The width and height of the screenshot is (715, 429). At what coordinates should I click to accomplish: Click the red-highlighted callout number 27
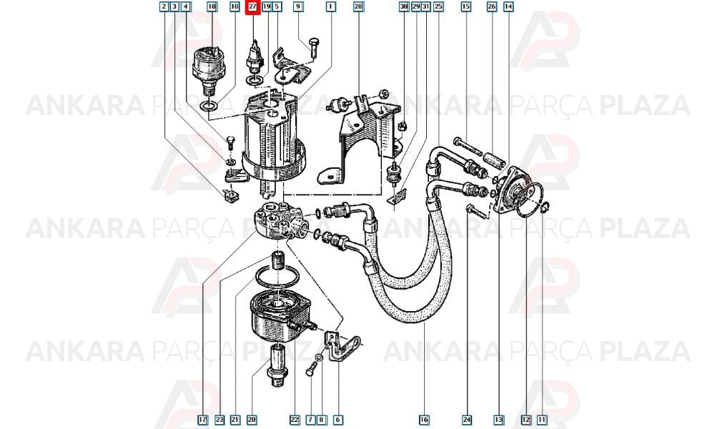coord(252,7)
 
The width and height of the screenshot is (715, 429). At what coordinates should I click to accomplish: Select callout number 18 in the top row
coord(212,7)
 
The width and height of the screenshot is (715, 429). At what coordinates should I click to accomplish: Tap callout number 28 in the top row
coord(358,7)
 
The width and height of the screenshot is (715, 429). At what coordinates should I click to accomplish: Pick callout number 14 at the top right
coord(508,7)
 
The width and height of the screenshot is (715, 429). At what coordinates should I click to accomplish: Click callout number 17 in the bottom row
coord(203,420)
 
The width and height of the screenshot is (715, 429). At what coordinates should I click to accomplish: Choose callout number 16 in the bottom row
coord(424,420)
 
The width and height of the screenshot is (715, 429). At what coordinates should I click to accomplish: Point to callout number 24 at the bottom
coord(467,420)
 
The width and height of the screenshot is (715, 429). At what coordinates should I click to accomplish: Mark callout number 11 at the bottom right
coord(542,420)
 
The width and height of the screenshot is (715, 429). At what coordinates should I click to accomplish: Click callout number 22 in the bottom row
coord(295,420)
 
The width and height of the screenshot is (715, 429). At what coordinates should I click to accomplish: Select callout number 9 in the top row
coord(297,7)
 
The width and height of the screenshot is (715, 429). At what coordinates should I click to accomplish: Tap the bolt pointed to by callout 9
coord(313,48)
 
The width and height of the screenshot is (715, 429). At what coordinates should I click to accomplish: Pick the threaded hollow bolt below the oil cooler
coord(277,365)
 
